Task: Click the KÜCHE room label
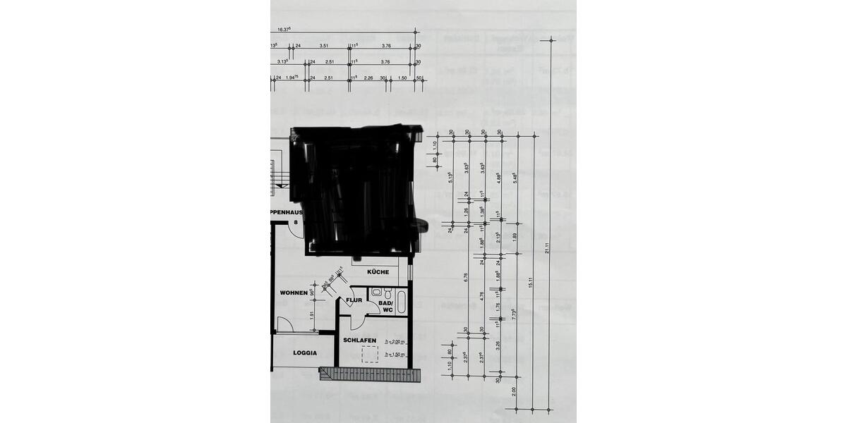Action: point(378,272)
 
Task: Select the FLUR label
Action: point(354,300)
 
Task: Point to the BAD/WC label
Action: point(385,306)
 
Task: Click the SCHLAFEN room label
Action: point(359,340)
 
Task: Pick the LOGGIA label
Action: point(305,353)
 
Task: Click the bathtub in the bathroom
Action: point(402,302)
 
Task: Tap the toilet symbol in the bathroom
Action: point(377,291)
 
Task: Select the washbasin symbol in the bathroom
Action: point(388,291)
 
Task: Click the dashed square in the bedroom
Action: point(371,354)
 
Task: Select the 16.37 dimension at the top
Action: point(284,29)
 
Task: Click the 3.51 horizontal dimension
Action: point(324,45)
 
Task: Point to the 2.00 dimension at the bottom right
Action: point(515,391)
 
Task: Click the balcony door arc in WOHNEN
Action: point(284,324)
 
